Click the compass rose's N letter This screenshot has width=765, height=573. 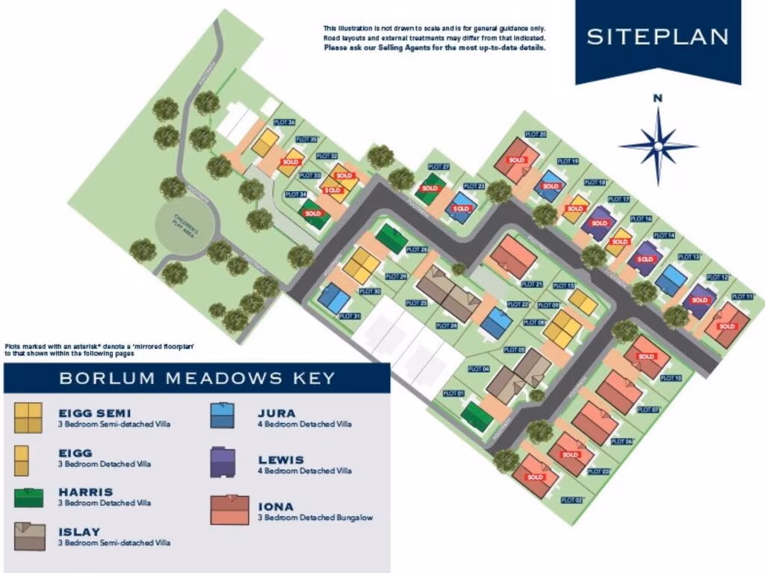(657, 98)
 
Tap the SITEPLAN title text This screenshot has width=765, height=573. (657, 37)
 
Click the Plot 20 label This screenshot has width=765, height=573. (536, 134)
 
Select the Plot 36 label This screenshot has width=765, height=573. (285, 122)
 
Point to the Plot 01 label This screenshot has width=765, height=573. (454, 393)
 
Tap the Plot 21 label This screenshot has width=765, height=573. (531, 284)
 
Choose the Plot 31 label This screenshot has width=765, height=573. (349, 316)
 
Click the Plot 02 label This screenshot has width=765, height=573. (572, 500)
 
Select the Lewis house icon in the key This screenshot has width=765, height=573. (223, 463)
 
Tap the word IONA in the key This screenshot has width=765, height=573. (276, 507)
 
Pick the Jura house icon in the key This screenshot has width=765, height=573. (223, 416)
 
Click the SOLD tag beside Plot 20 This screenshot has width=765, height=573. (516, 160)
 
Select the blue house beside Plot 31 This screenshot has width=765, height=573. (333, 299)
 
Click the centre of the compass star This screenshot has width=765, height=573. (657, 145)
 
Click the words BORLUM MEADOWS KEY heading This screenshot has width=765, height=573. (197, 378)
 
